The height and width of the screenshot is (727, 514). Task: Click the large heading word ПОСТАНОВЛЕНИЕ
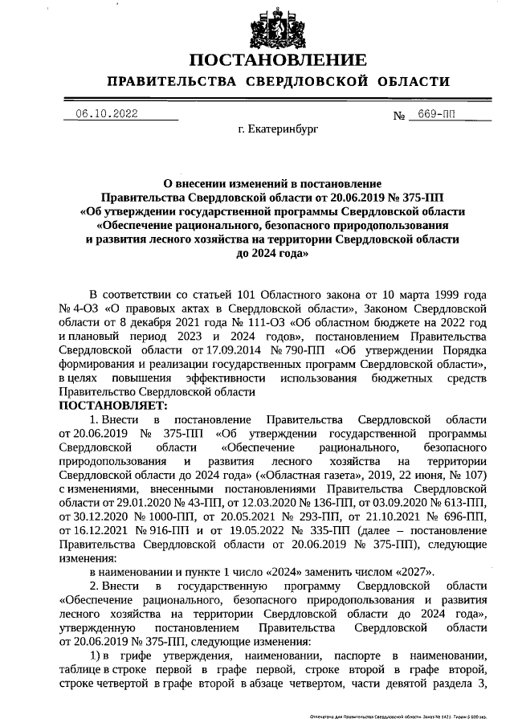(278, 60)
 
